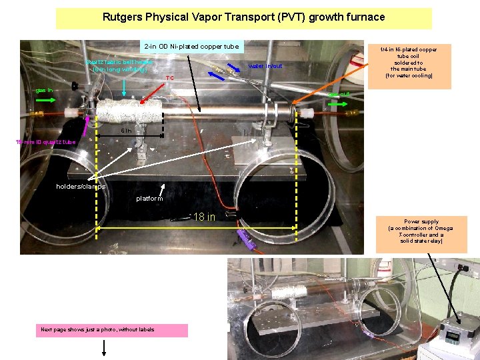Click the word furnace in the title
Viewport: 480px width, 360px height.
coord(361,17)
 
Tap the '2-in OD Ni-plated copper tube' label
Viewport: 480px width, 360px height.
coord(191,46)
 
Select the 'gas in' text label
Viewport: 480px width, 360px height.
coord(45,89)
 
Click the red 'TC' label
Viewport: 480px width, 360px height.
coord(170,78)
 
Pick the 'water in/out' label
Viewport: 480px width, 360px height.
coord(265,66)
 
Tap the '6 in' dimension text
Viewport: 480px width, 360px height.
coord(126,131)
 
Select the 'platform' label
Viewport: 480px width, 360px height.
coord(149,198)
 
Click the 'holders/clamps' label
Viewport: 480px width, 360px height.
coord(81,187)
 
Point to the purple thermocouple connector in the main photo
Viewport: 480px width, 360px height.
coord(244,234)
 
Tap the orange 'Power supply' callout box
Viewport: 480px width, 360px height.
coord(421,235)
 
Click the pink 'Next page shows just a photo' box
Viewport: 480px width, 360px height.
coord(113,330)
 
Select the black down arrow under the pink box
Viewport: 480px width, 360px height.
coord(104,349)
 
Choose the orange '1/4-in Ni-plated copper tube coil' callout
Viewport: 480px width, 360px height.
coord(409,65)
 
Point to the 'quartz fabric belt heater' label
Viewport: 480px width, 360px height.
coord(119,65)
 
